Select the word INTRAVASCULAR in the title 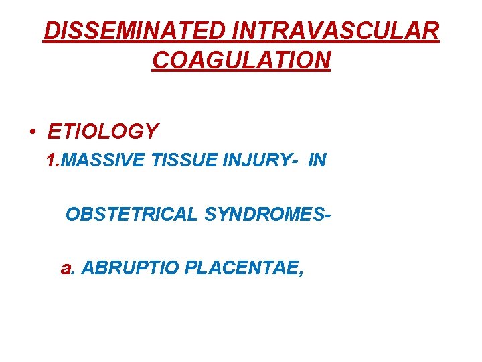pyautogui.click(x=340, y=31)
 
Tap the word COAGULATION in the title pyautogui.click(x=241, y=60)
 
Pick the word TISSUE pyautogui.click(x=176, y=162)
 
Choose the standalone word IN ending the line pyautogui.click(x=317, y=162)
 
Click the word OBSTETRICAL pyautogui.click(x=133, y=215)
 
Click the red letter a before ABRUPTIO pyautogui.click(x=66, y=269)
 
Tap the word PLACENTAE pyautogui.click(x=242, y=269)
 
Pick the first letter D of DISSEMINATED pyautogui.click(x=50, y=31)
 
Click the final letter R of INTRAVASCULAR pyautogui.click(x=432, y=31)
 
